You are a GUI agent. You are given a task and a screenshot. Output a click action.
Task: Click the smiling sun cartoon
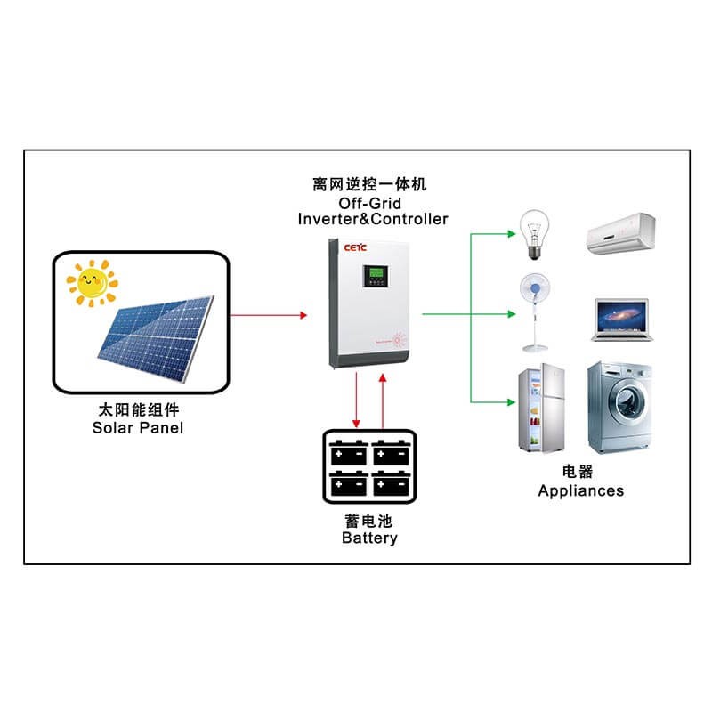tap(91, 283)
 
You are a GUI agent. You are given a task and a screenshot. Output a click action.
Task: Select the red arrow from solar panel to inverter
tap(268, 315)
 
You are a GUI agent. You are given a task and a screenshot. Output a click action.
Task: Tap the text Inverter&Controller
tap(373, 219)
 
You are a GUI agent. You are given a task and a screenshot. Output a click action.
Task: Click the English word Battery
tap(369, 538)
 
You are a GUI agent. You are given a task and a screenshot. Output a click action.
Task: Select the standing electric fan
tap(534, 311)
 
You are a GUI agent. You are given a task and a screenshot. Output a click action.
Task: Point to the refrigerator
tap(541, 410)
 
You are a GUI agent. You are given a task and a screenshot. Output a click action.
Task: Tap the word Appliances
tap(580, 490)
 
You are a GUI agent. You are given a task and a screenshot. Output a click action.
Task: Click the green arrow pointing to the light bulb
tap(494, 234)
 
